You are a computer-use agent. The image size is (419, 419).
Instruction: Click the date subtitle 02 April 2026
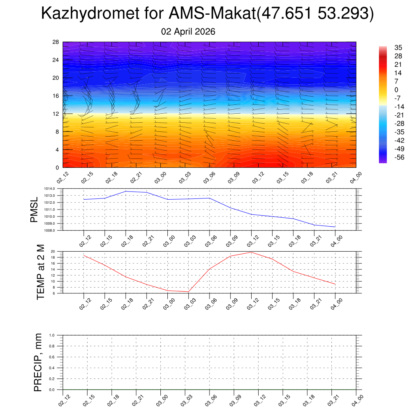[x=188, y=32]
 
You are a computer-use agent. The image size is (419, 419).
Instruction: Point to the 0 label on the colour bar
[x=396, y=90]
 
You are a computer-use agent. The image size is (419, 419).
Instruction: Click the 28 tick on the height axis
[x=56, y=42]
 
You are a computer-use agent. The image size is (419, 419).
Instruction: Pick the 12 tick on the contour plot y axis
[x=56, y=114]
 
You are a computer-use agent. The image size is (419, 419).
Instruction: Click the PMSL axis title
[x=34, y=209]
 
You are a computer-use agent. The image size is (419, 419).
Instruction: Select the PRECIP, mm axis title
[x=38, y=362]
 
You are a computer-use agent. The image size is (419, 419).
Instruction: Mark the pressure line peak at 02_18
[x=126, y=191]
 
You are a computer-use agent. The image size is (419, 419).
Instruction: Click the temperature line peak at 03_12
[x=251, y=252]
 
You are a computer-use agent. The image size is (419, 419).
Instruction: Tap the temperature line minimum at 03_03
[x=188, y=292]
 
